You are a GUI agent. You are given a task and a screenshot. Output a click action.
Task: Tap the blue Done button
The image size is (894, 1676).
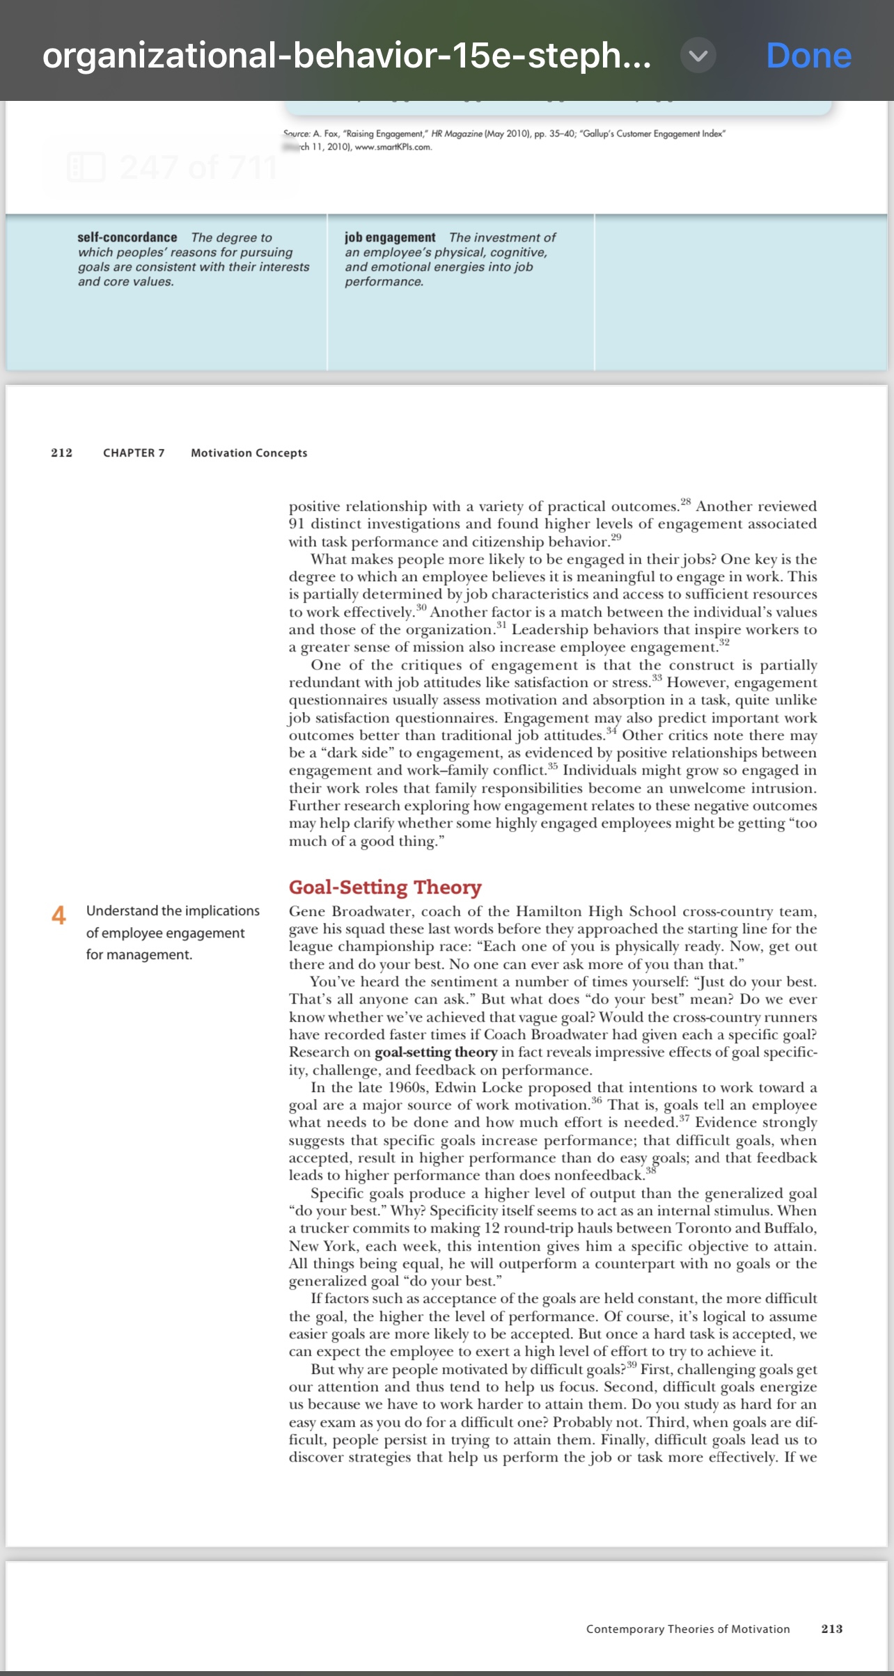tap(808, 56)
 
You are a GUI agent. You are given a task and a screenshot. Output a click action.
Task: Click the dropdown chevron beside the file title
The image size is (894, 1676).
tap(698, 56)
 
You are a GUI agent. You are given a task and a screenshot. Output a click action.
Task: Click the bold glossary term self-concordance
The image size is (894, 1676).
tap(127, 237)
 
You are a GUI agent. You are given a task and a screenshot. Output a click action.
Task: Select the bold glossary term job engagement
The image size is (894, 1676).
tap(390, 237)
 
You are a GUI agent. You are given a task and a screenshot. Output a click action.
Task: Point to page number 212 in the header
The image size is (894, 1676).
tap(61, 452)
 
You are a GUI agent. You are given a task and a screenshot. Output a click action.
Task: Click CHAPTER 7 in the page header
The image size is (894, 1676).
tap(134, 452)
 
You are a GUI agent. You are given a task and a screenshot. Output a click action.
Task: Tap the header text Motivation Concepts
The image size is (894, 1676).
tap(249, 452)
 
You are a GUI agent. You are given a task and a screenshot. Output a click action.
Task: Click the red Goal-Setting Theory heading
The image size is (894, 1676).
tap(385, 887)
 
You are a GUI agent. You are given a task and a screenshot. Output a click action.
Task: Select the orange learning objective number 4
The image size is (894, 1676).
tap(59, 915)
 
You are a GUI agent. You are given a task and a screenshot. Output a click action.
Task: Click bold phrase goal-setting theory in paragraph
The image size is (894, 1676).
tap(436, 1052)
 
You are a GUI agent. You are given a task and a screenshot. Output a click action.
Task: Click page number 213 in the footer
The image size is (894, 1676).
tap(832, 1629)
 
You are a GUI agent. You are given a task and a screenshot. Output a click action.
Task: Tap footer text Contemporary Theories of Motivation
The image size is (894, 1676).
tap(688, 1629)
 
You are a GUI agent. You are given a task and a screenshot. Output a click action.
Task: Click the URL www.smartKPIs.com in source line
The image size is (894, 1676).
tap(393, 147)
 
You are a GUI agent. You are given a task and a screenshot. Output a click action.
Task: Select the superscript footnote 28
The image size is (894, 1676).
tap(686, 502)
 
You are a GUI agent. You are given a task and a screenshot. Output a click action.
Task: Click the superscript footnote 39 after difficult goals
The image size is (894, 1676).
tap(632, 1365)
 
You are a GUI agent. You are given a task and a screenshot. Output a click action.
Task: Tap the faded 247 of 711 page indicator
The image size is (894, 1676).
tap(198, 168)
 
